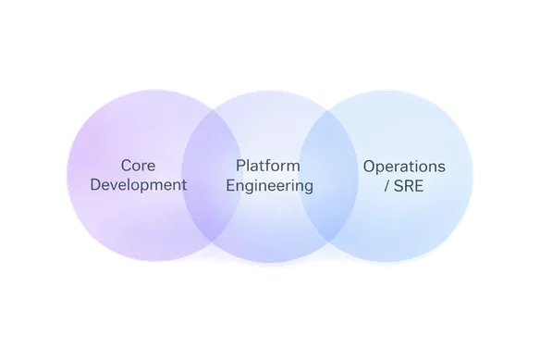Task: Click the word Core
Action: coord(138,166)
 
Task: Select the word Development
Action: coord(138,184)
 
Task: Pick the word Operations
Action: coord(404,167)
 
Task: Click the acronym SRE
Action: coord(413,185)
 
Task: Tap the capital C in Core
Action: coord(126,166)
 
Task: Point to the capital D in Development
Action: coord(94,184)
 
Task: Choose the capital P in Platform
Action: coord(241,166)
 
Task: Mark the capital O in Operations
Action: coord(369,167)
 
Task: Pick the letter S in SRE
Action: coord(401,185)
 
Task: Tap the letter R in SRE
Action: coord(412,185)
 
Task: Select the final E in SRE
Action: coord(424,185)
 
